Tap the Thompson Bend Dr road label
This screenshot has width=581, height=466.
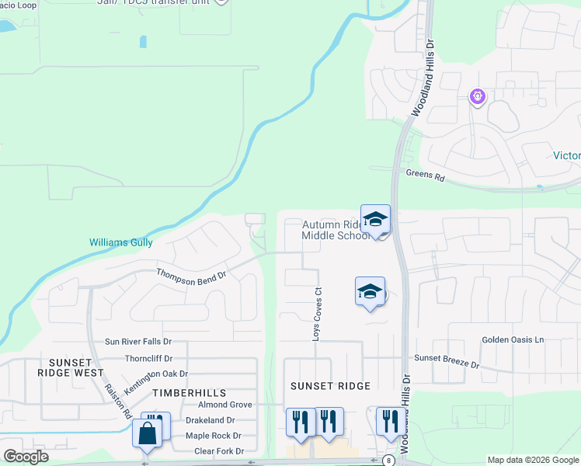[191, 274]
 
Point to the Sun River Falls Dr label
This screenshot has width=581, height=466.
[138, 342]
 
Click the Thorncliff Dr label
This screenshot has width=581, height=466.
[149, 359]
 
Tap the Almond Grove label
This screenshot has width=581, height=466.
[224, 405]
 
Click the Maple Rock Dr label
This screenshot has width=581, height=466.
[213, 436]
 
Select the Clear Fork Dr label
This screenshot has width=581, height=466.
[218, 451]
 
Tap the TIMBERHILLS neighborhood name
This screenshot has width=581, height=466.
[182, 394]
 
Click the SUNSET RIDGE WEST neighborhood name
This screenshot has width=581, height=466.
[76, 367]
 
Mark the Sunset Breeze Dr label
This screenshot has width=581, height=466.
[447, 360]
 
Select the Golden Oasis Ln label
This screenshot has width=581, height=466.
[513, 340]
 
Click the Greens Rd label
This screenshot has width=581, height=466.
[425, 176]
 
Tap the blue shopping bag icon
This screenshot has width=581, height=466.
[148, 433]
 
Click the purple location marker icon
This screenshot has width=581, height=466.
[478, 97]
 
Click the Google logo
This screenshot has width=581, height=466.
[26, 457]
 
